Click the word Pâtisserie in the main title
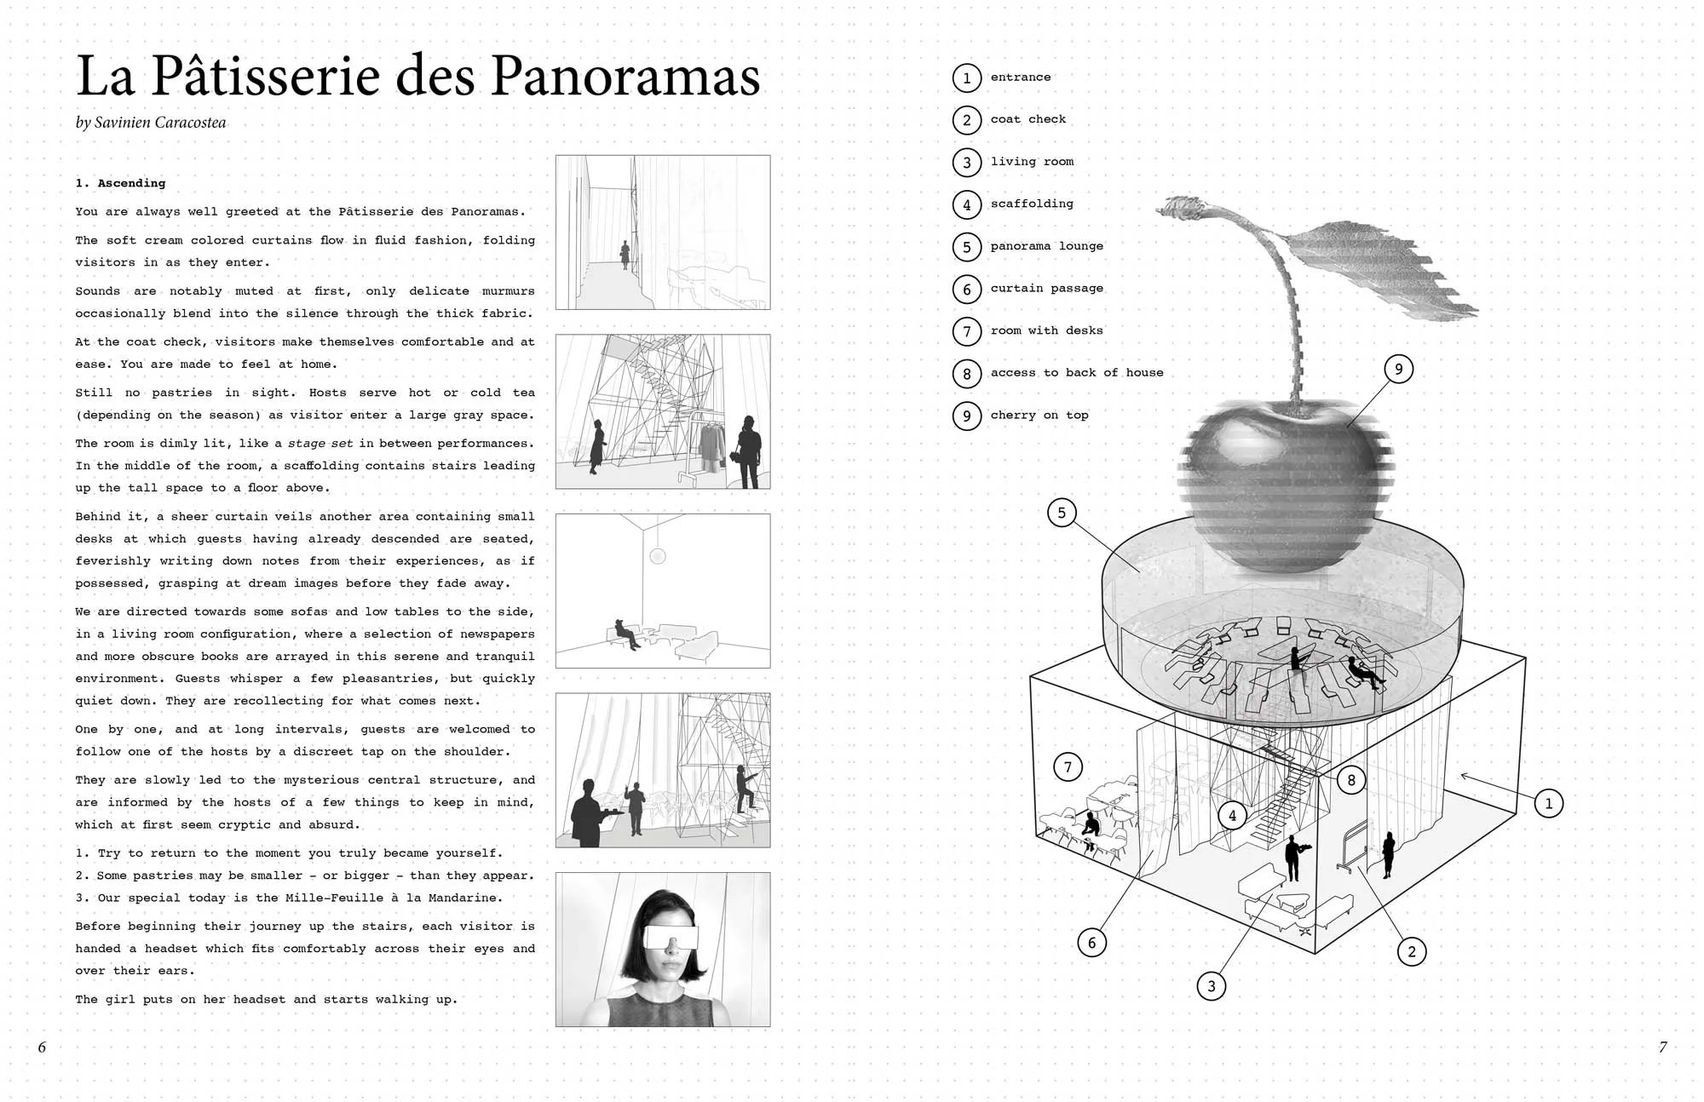(x=265, y=77)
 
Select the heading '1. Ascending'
(x=120, y=183)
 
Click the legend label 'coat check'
(x=1028, y=119)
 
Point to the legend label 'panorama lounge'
(x=1046, y=246)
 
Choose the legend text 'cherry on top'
(x=1039, y=415)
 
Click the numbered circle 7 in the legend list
(x=966, y=330)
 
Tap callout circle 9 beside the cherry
(x=1398, y=369)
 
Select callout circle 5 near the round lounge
(x=1062, y=513)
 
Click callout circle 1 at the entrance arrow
(x=1548, y=803)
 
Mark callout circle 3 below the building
(x=1212, y=986)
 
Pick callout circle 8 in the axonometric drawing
(x=1351, y=779)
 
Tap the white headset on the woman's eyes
(x=671, y=937)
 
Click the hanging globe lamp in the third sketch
(x=657, y=557)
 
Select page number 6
(x=42, y=1047)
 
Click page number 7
(x=1662, y=1047)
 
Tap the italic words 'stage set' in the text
(x=319, y=444)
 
